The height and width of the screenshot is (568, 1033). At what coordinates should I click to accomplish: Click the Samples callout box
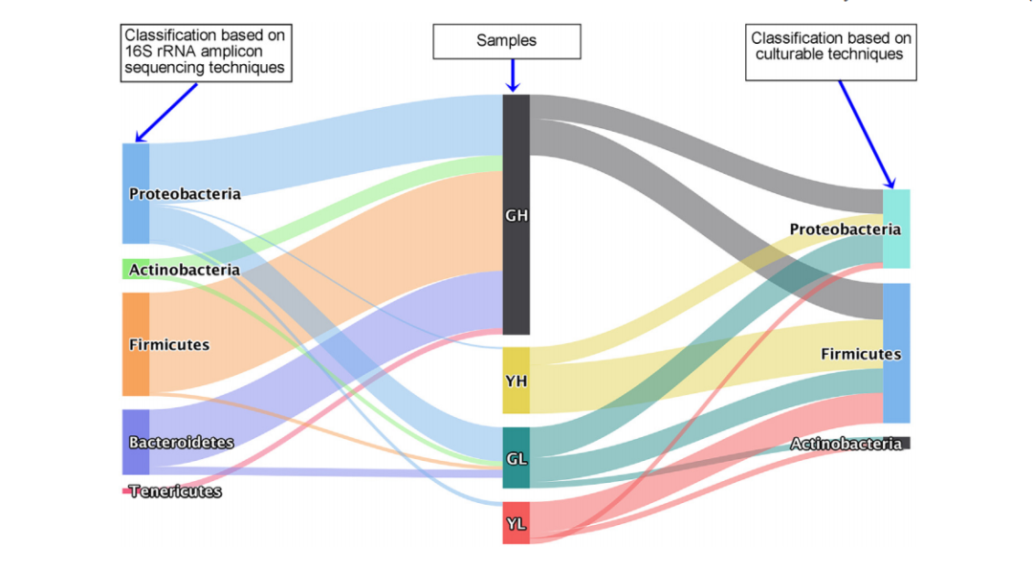click(x=507, y=41)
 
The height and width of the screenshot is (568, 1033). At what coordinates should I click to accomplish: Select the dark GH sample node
click(x=516, y=214)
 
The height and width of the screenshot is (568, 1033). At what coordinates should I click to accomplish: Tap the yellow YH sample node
click(x=516, y=381)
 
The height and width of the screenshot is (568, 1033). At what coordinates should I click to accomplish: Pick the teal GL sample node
click(x=516, y=458)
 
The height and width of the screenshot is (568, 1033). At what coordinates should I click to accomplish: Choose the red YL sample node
click(x=516, y=523)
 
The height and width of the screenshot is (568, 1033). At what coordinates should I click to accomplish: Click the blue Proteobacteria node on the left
click(x=136, y=193)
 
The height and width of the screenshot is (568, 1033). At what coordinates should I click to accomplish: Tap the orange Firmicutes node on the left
click(x=136, y=344)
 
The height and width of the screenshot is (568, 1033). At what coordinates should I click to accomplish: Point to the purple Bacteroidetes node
click(x=136, y=442)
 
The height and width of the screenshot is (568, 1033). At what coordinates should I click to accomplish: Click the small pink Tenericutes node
click(x=126, y=491)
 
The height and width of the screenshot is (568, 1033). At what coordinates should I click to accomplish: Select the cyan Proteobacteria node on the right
click(x=896, y=229)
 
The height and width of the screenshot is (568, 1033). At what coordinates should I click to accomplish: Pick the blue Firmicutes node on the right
click(x=896, y=353)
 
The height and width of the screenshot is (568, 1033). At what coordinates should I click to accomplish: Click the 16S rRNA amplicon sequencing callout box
click(x=206, y=53)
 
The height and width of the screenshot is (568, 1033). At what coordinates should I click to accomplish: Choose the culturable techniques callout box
click(x=830, y=53)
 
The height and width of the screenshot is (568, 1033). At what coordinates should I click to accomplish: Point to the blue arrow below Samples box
click(x=514, y=76)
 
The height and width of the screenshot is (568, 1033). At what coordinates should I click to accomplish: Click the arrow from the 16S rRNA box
click(x=167, y=111)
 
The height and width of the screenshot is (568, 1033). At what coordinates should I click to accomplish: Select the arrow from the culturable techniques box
click(x=867, y=134)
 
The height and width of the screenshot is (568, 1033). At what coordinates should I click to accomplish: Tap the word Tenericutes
click(x=176, y=492)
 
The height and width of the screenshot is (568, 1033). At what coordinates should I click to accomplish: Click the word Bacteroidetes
click(x=182, y=443)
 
